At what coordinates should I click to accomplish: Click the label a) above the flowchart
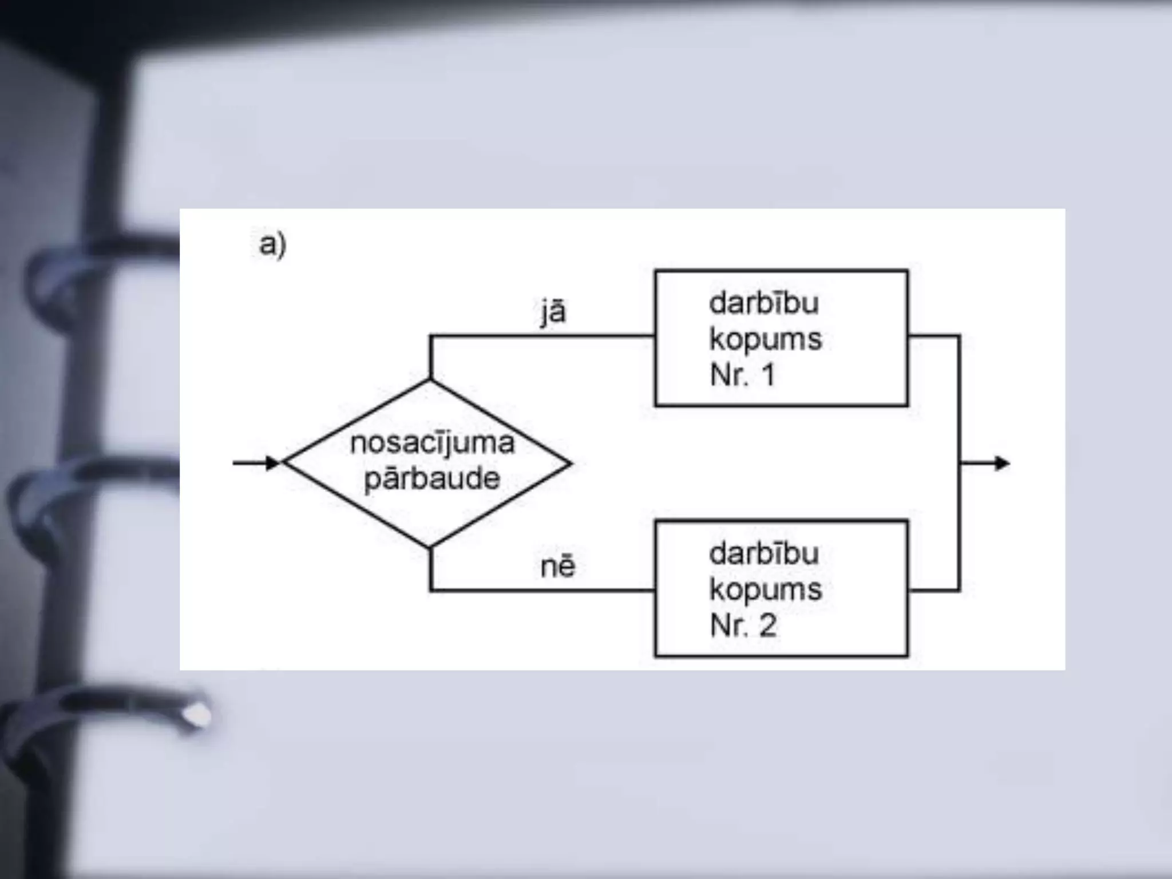tap(272, 245)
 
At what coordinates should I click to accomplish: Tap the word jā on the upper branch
tap(553, 312)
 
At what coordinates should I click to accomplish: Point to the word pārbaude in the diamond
tap(432, 478)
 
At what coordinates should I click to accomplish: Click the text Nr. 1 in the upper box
tap(743, 375)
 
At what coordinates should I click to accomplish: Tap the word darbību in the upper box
tap(764, 303)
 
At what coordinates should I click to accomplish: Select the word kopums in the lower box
tap(766, 589)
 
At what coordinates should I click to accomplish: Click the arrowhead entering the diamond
tap(273, 462)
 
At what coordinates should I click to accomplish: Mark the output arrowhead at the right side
tap(1002, 463)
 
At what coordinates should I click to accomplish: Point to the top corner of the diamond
tap(430, 380)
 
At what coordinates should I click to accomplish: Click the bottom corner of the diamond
tap(430, 547)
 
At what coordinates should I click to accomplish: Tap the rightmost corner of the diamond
tap(571, 463)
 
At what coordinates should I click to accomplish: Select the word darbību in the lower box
tap(764, 554)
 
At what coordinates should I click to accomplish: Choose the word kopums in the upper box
tap(766, 339)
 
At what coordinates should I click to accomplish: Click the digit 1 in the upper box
tap(768, 375)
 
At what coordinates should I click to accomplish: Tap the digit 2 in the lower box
tap(768, 625)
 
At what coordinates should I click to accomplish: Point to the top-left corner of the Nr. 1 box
tap(656, 271)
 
